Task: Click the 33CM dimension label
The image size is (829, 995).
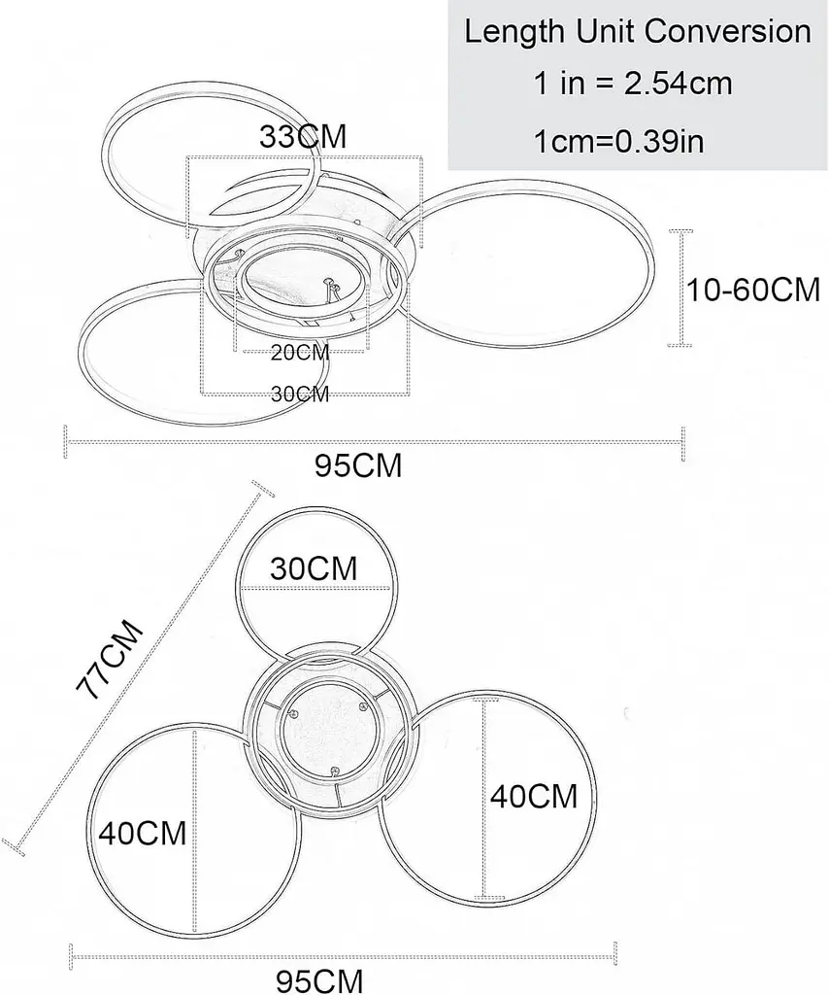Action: pyautogui.click(x=303, y=136)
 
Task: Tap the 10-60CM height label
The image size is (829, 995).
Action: pyautogui.click(x=753, y=290)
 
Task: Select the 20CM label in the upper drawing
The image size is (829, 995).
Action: pyautogui.click(x=300, y=352)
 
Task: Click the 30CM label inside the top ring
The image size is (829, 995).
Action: pyautogui.click(x=314, y=568)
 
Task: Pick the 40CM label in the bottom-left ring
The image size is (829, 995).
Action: pyautogui.click(x=143, y=833)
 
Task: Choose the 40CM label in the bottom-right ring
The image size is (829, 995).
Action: pyautogui.click(x=534, y=796)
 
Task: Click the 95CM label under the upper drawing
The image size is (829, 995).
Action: pyautogui.click(x=359, y=465)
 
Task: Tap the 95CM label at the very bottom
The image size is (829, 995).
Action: pyautogui.click(x=319, y=981)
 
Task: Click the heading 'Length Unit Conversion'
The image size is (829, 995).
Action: pyautogui.click(x=638, y=32)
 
